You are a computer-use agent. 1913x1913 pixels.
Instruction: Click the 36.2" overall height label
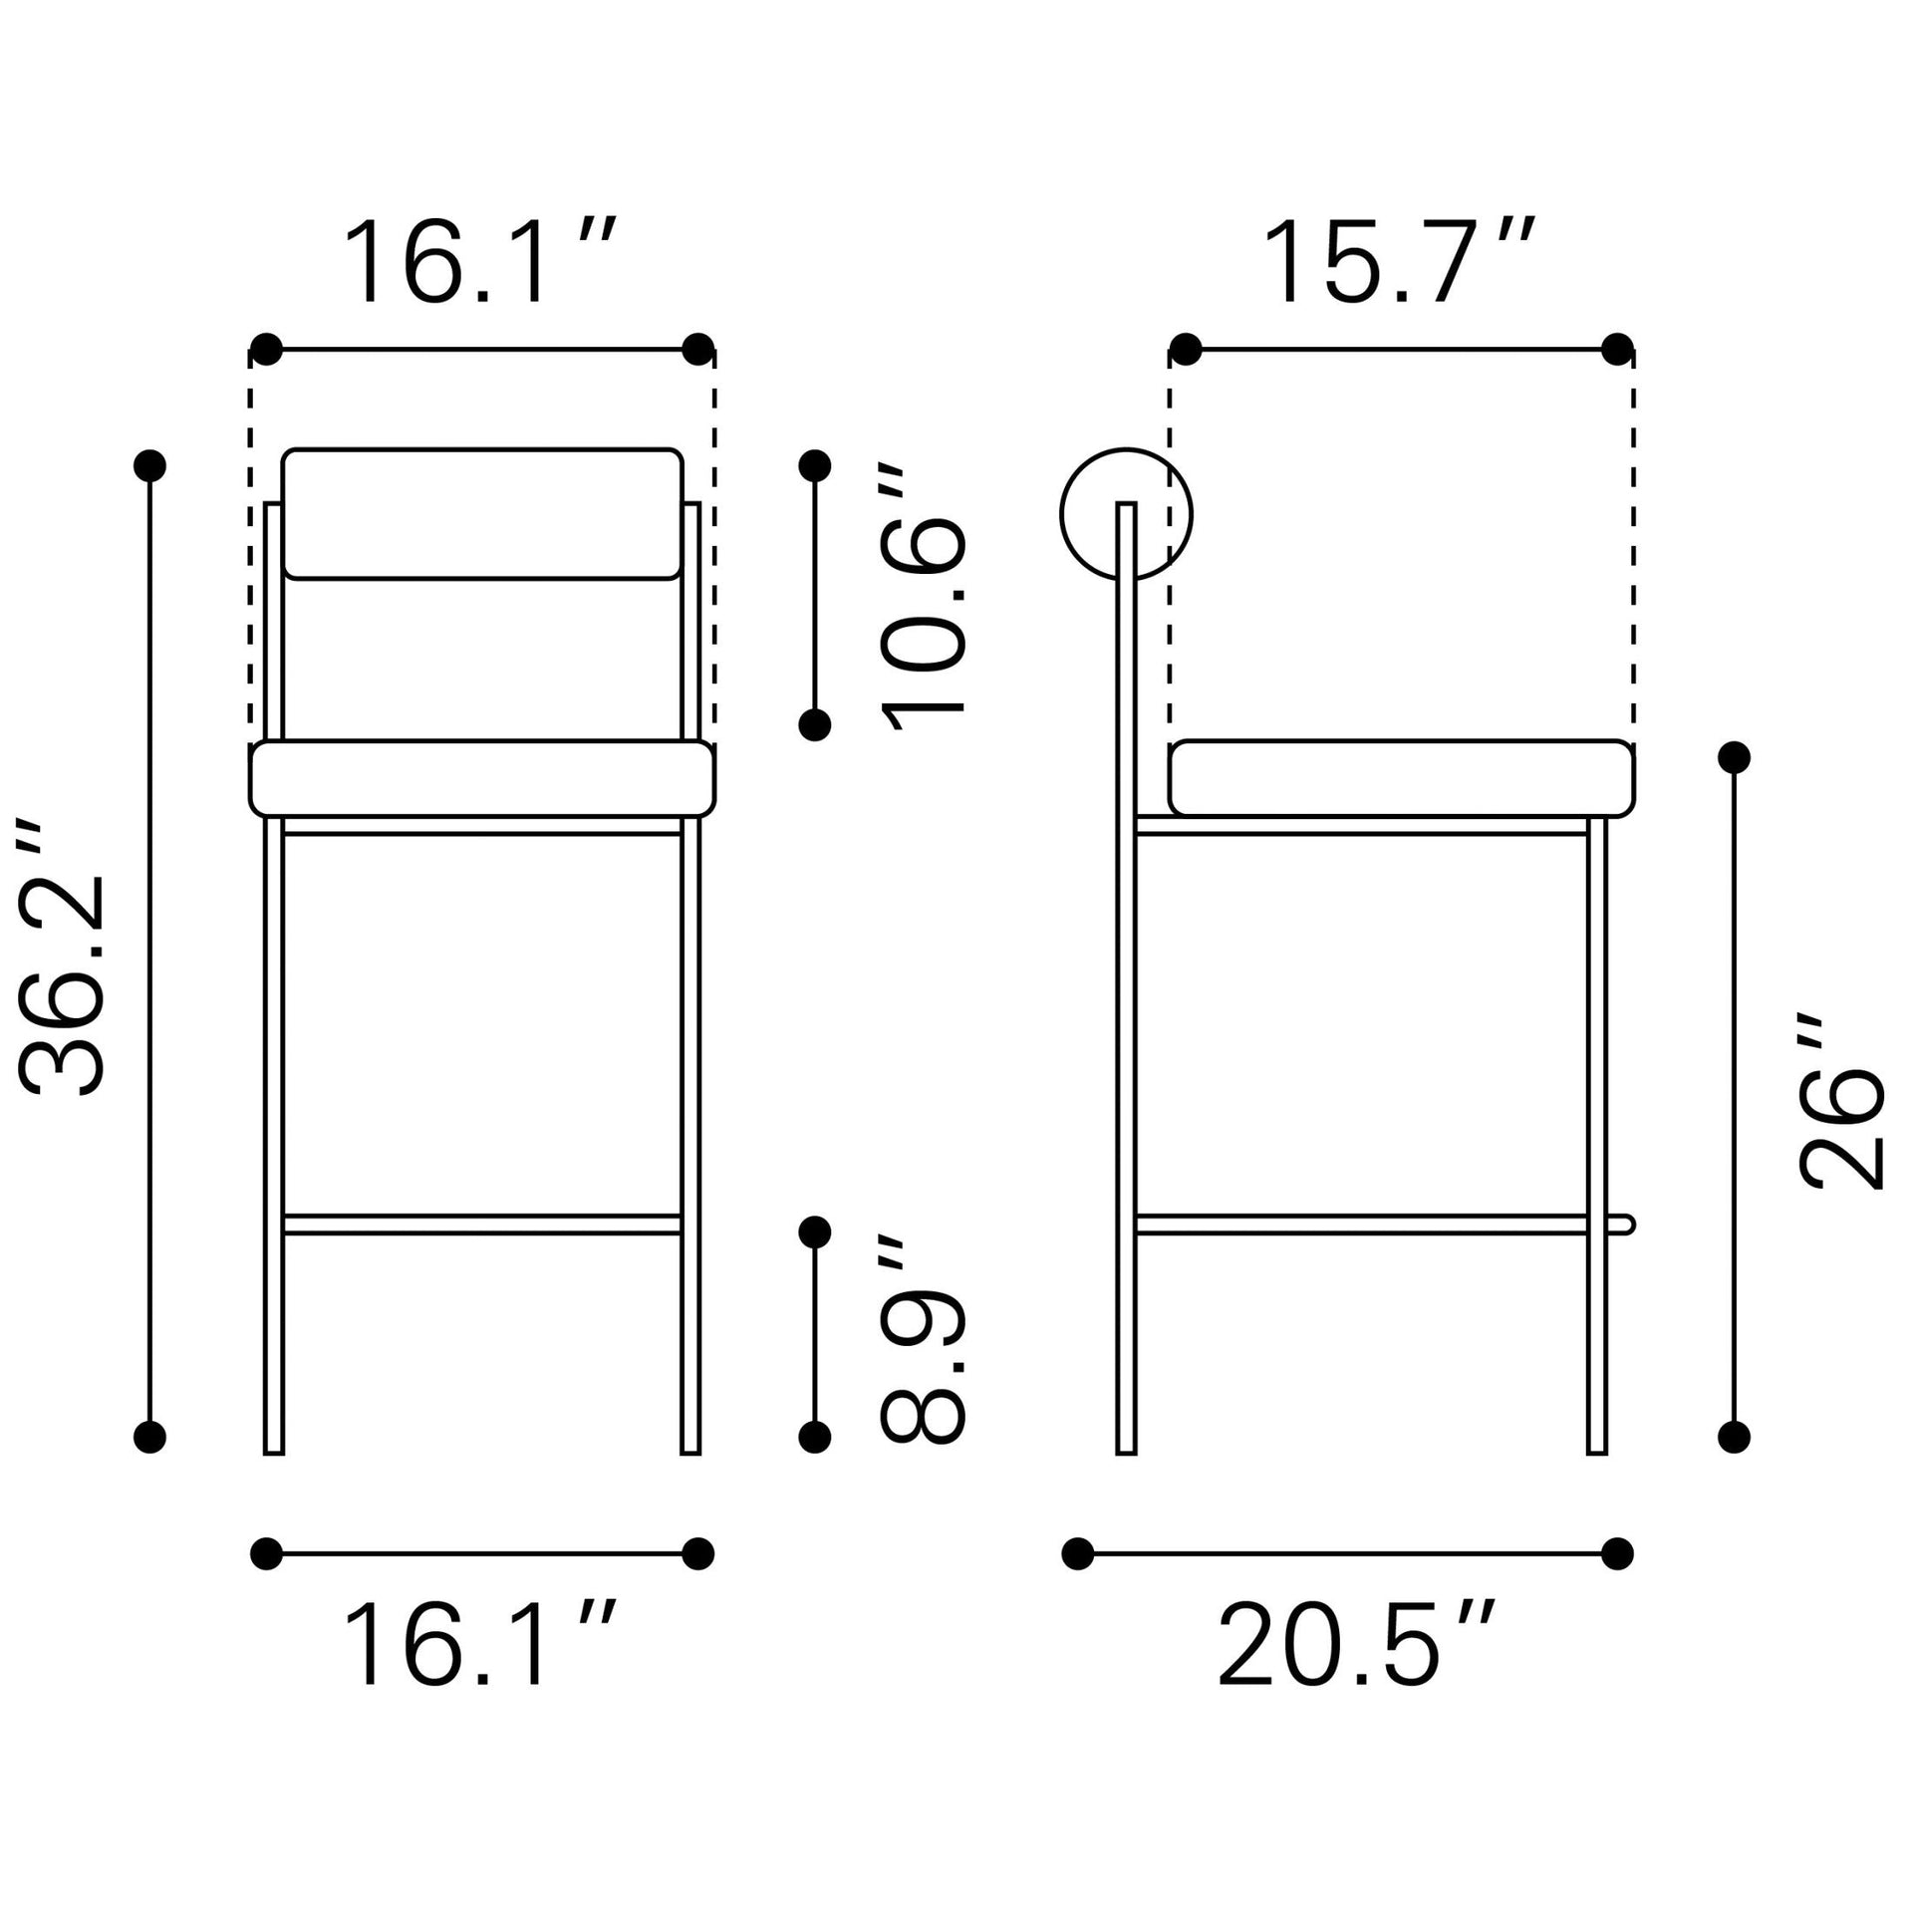62,962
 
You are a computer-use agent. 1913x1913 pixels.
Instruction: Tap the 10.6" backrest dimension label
923,598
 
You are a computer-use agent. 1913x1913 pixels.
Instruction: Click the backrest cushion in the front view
482,513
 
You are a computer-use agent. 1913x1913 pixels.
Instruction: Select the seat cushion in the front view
482,778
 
